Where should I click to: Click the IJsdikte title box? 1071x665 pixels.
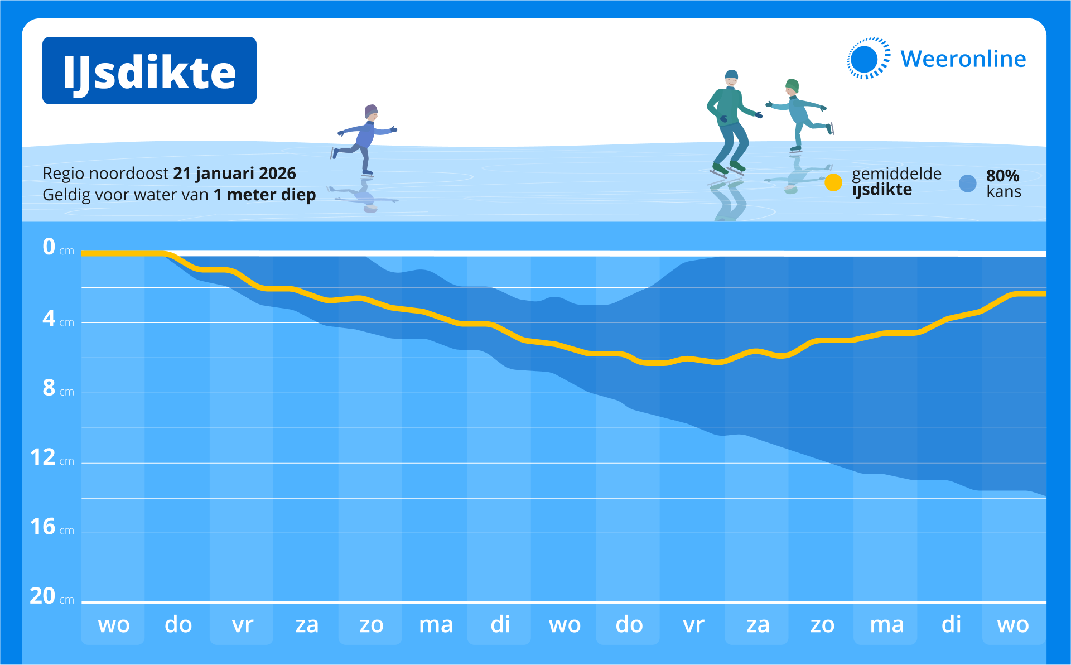point(149,71)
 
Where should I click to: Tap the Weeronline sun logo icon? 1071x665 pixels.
point(868,59)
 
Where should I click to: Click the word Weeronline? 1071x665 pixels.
point(963,59)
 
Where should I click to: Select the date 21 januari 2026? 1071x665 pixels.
point(234,174)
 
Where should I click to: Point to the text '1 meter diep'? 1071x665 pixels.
point(265,195)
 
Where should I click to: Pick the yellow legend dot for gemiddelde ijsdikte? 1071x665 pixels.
point(833,182)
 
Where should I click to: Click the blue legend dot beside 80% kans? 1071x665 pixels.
point(968,183)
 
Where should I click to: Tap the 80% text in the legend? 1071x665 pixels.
point(1002,176)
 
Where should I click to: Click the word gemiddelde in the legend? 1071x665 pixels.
point(896,174)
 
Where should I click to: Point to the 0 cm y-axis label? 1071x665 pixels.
point(58,247)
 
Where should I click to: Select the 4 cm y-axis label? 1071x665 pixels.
point(58,319)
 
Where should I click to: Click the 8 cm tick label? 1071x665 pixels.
point(58,388)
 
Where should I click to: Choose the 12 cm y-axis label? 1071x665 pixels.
point(52,457)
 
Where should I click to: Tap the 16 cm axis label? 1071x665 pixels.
point(52,527)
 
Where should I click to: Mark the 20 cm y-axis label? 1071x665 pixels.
point(52,596)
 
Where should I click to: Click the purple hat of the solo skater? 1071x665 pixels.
point(371,110)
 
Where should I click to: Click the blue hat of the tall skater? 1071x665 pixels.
point(731,74)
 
